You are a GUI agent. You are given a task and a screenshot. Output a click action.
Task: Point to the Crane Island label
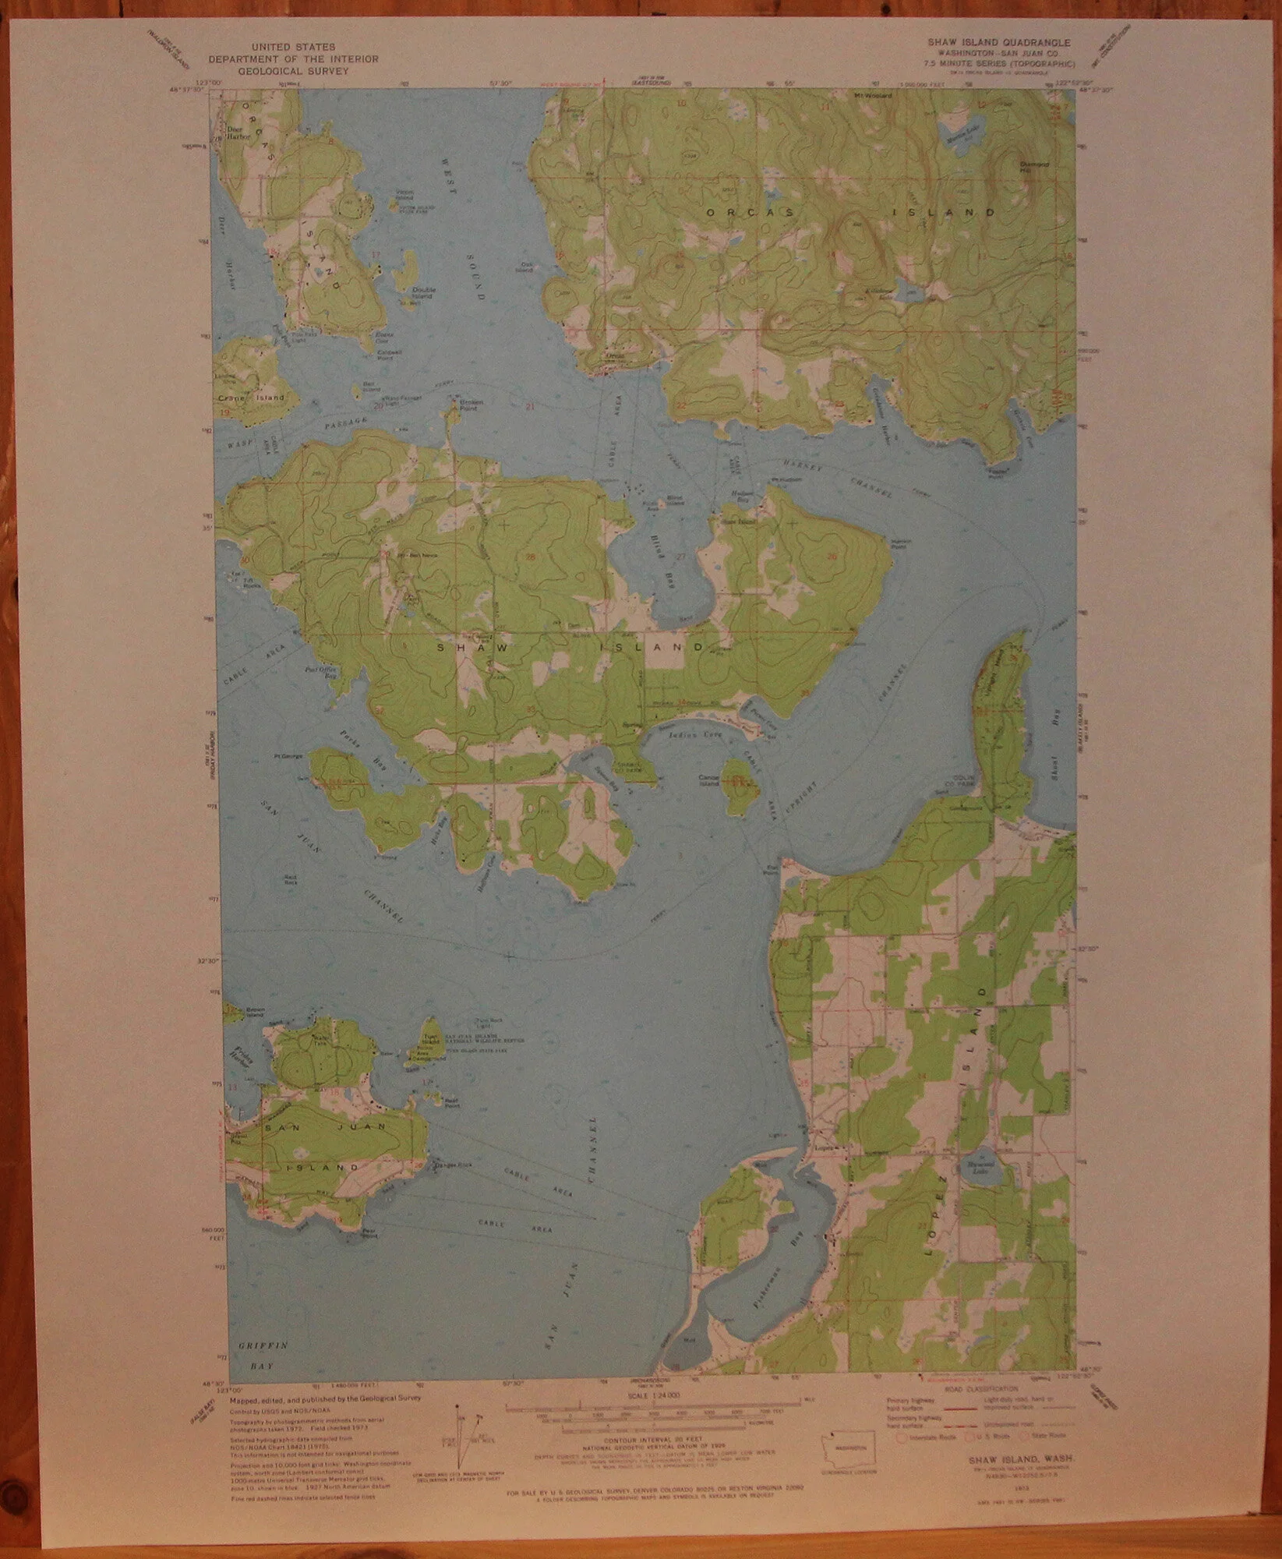coord(251,398)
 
